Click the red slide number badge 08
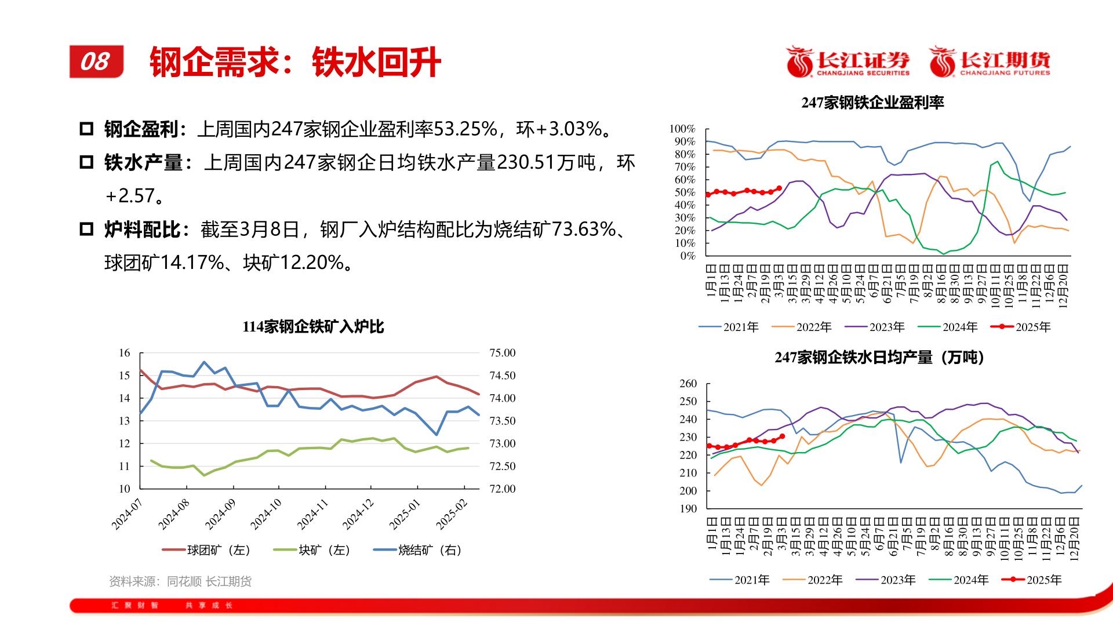(96, 61)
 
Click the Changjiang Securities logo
(848, 61)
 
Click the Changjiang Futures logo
(990, 61)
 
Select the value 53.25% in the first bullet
(465, 129)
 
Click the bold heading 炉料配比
(142, 230)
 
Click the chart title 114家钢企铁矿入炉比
(313, 327)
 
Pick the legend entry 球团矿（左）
(206, 550)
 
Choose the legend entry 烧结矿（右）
(418, 550)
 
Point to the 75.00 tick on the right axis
(502, 353)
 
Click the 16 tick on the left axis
(125, 353)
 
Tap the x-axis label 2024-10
(266, 514)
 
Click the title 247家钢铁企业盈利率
(872, 103)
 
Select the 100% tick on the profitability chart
(682, 129)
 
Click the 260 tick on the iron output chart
(688, 384)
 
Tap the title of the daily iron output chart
(879, 358)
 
